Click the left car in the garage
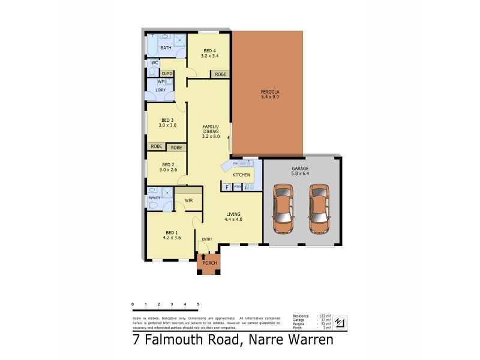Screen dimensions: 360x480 [x=283, y=209]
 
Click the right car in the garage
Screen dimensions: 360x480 [x=320, y=209]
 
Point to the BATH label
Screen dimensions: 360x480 [x=166, y=47]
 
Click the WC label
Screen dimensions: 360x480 [x=155, y=63]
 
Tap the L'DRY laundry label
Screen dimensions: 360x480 [x=161, y=91]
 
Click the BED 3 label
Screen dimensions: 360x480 [x=167, y=122]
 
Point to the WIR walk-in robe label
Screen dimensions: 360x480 [x=188, y=200]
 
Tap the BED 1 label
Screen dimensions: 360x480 [x=172, y=235]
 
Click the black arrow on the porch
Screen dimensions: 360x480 [x=203, y=257]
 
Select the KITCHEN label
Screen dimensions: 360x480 [x=241, y=175]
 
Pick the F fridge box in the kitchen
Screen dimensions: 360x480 [x=227, y=187]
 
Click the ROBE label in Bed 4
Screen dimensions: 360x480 [x=221, y=74]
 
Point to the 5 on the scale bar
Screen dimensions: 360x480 [x=198, y=305]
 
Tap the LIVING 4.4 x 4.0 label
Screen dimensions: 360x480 [x=233, y=217]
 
